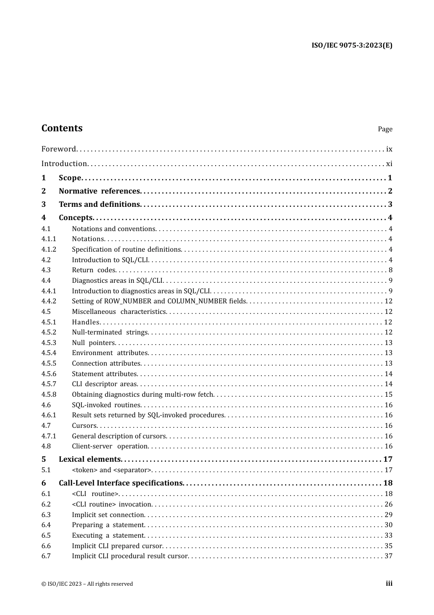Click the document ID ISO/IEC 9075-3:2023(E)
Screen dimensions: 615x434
352,45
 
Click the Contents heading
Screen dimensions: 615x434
62,128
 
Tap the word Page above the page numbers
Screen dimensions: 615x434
385,129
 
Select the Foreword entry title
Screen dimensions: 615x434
58,149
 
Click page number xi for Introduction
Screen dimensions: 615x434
389,163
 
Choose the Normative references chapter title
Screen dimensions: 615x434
99,191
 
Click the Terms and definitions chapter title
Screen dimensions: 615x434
99,204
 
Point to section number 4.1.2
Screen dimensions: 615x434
49,249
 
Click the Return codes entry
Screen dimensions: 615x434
94,270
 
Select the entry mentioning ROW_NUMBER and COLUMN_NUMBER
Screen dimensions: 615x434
159,301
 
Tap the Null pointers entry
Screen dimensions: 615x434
93,343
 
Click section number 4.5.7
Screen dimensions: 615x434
49,384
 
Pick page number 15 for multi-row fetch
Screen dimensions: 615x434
388,394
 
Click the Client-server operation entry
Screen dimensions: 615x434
110,446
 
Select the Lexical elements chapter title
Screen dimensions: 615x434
90,459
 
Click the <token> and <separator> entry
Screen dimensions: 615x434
111,470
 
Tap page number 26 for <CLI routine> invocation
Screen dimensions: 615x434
388,504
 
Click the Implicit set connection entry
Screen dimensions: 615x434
108,515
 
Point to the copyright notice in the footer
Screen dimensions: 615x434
87,584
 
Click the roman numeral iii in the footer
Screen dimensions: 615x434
389,583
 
